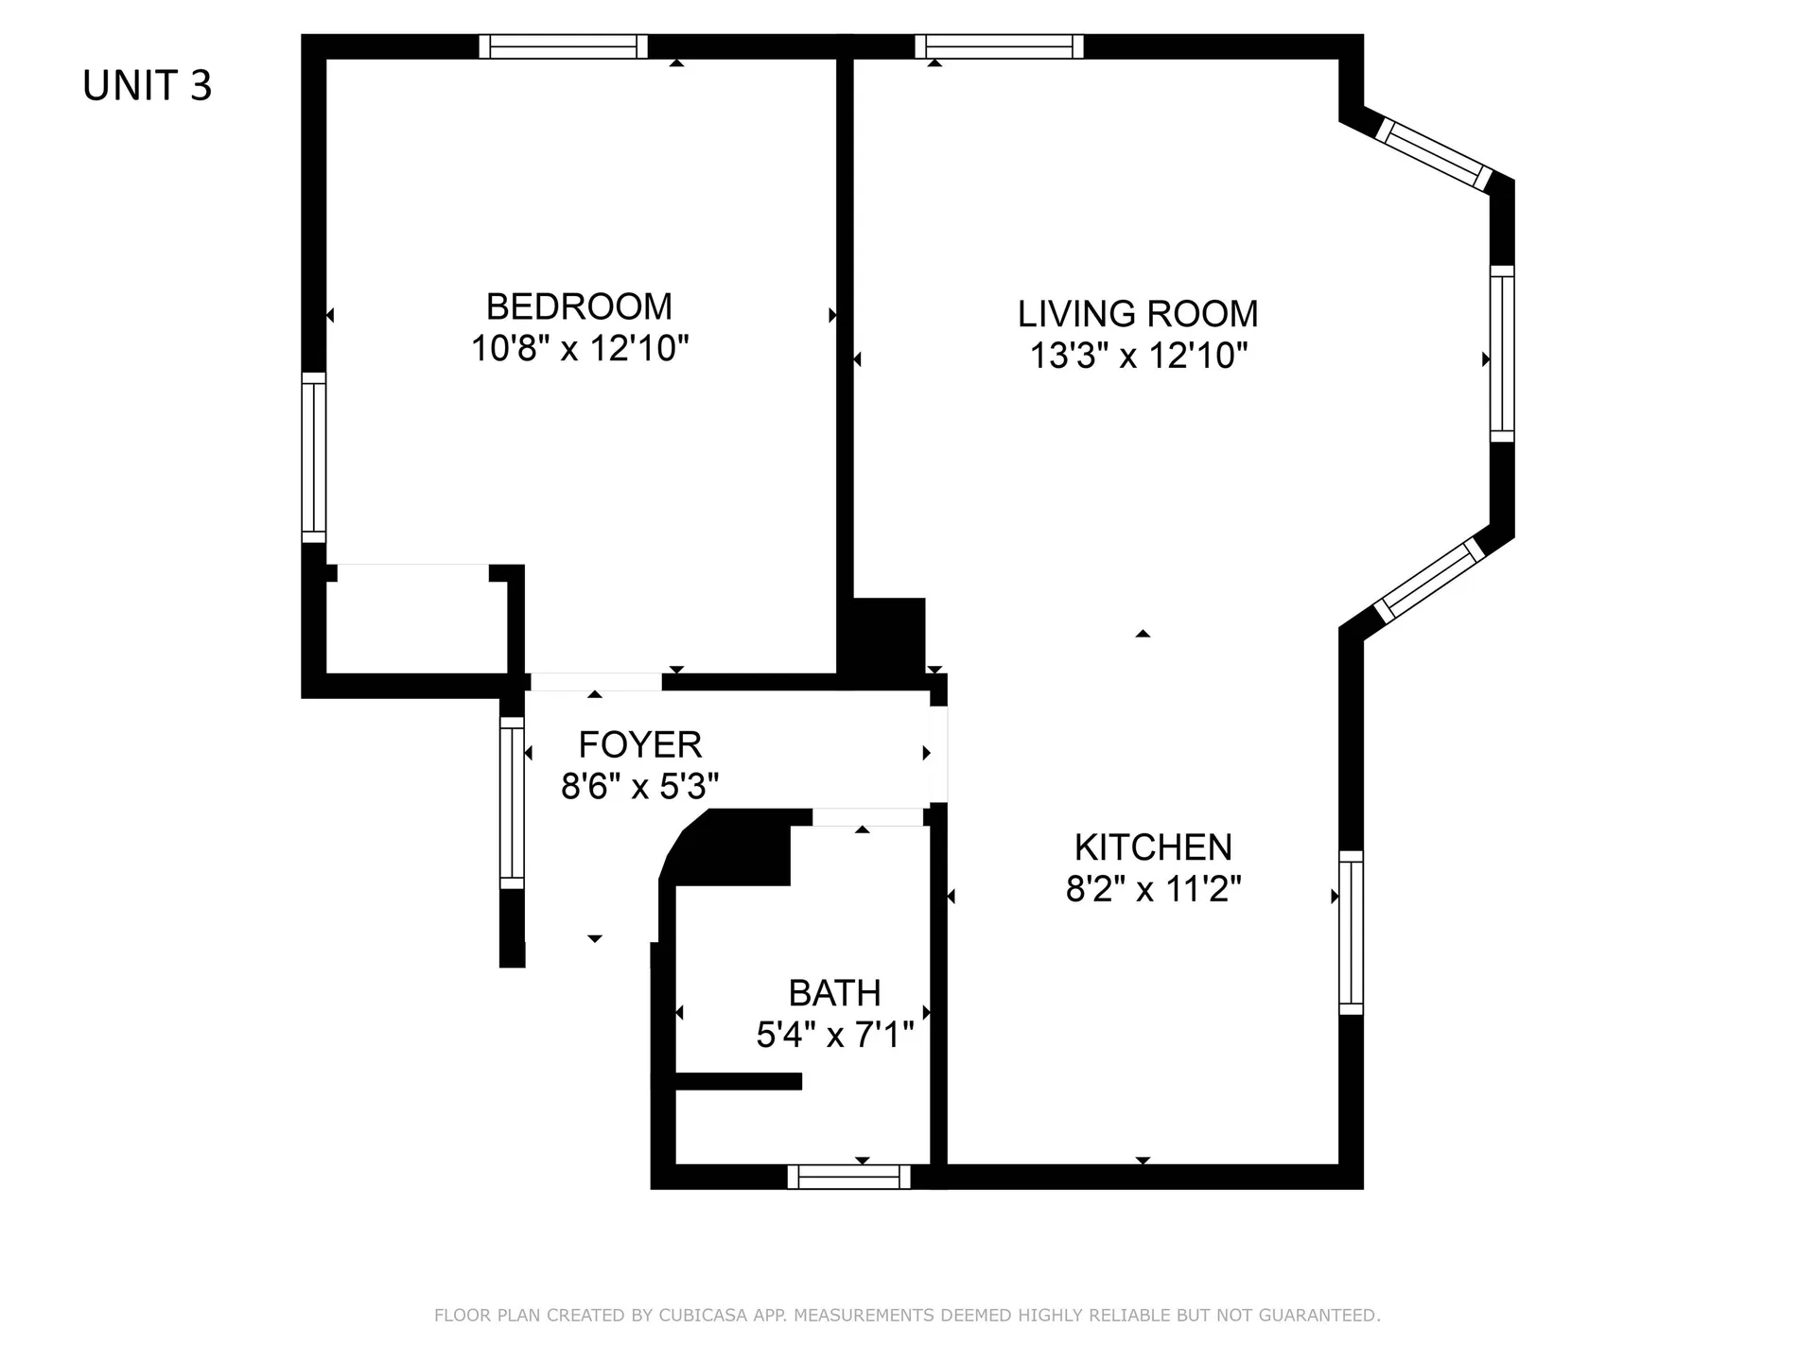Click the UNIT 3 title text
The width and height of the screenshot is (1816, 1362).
(x=148, y=86)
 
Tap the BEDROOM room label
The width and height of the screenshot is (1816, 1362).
(x=579, y=306)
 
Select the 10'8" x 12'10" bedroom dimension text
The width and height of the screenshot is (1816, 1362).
(x=579, y=349)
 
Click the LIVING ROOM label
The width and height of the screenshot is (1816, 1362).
(x=1138, y=314)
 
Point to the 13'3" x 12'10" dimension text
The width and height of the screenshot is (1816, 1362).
(x=1138, y=357)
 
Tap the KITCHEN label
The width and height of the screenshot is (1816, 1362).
(x=1153, y=847)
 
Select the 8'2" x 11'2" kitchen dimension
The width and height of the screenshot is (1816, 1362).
(x=1153, y=890)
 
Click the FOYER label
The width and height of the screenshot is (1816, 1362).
(x=640, y=745)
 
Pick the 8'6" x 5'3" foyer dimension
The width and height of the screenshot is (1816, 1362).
(x=640, y=787)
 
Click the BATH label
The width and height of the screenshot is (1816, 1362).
(x=834, y=993)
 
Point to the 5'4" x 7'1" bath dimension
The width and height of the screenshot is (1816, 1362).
(x=834, y=1036)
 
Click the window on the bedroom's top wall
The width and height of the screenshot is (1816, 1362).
(x=563, y=46)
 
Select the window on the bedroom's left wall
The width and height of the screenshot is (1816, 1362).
(x=313, y=458)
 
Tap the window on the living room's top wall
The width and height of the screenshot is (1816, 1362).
(x=999, y=46)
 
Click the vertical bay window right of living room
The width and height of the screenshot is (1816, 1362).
(x=1502, y=354)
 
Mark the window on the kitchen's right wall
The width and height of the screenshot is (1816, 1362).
(x=1352, y=933)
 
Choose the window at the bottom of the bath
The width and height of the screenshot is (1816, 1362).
(x=848, y=1177)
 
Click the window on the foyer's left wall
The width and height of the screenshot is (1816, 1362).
(x=512, y=803)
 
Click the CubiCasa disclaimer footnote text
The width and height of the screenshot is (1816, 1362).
(x=907, y=1316)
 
